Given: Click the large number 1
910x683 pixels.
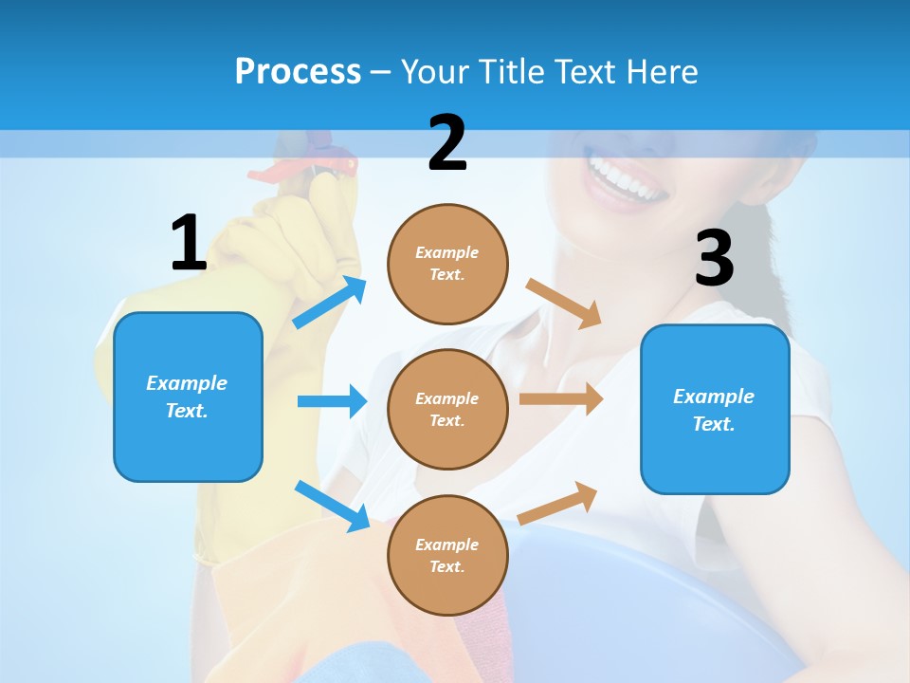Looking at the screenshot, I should click(188, 243).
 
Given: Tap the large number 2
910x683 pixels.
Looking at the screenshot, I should click(447, 143).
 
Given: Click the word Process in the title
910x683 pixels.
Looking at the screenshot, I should click(298, 71).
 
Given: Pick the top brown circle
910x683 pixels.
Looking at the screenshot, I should click(447, 264).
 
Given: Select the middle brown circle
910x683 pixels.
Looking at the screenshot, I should click(447, 409).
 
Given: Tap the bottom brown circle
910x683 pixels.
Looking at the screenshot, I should click(447, 555).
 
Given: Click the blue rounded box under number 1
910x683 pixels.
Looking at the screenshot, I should click(188, 397).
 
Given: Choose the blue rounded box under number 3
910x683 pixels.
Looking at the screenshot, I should click(714, 410).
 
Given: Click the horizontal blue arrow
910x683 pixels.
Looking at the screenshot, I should click(332, 401).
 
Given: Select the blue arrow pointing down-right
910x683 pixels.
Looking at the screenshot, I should click(332, 506).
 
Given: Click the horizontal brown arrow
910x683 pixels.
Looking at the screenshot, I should click(561, 399).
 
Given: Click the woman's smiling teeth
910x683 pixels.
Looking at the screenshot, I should click(627, 178).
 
